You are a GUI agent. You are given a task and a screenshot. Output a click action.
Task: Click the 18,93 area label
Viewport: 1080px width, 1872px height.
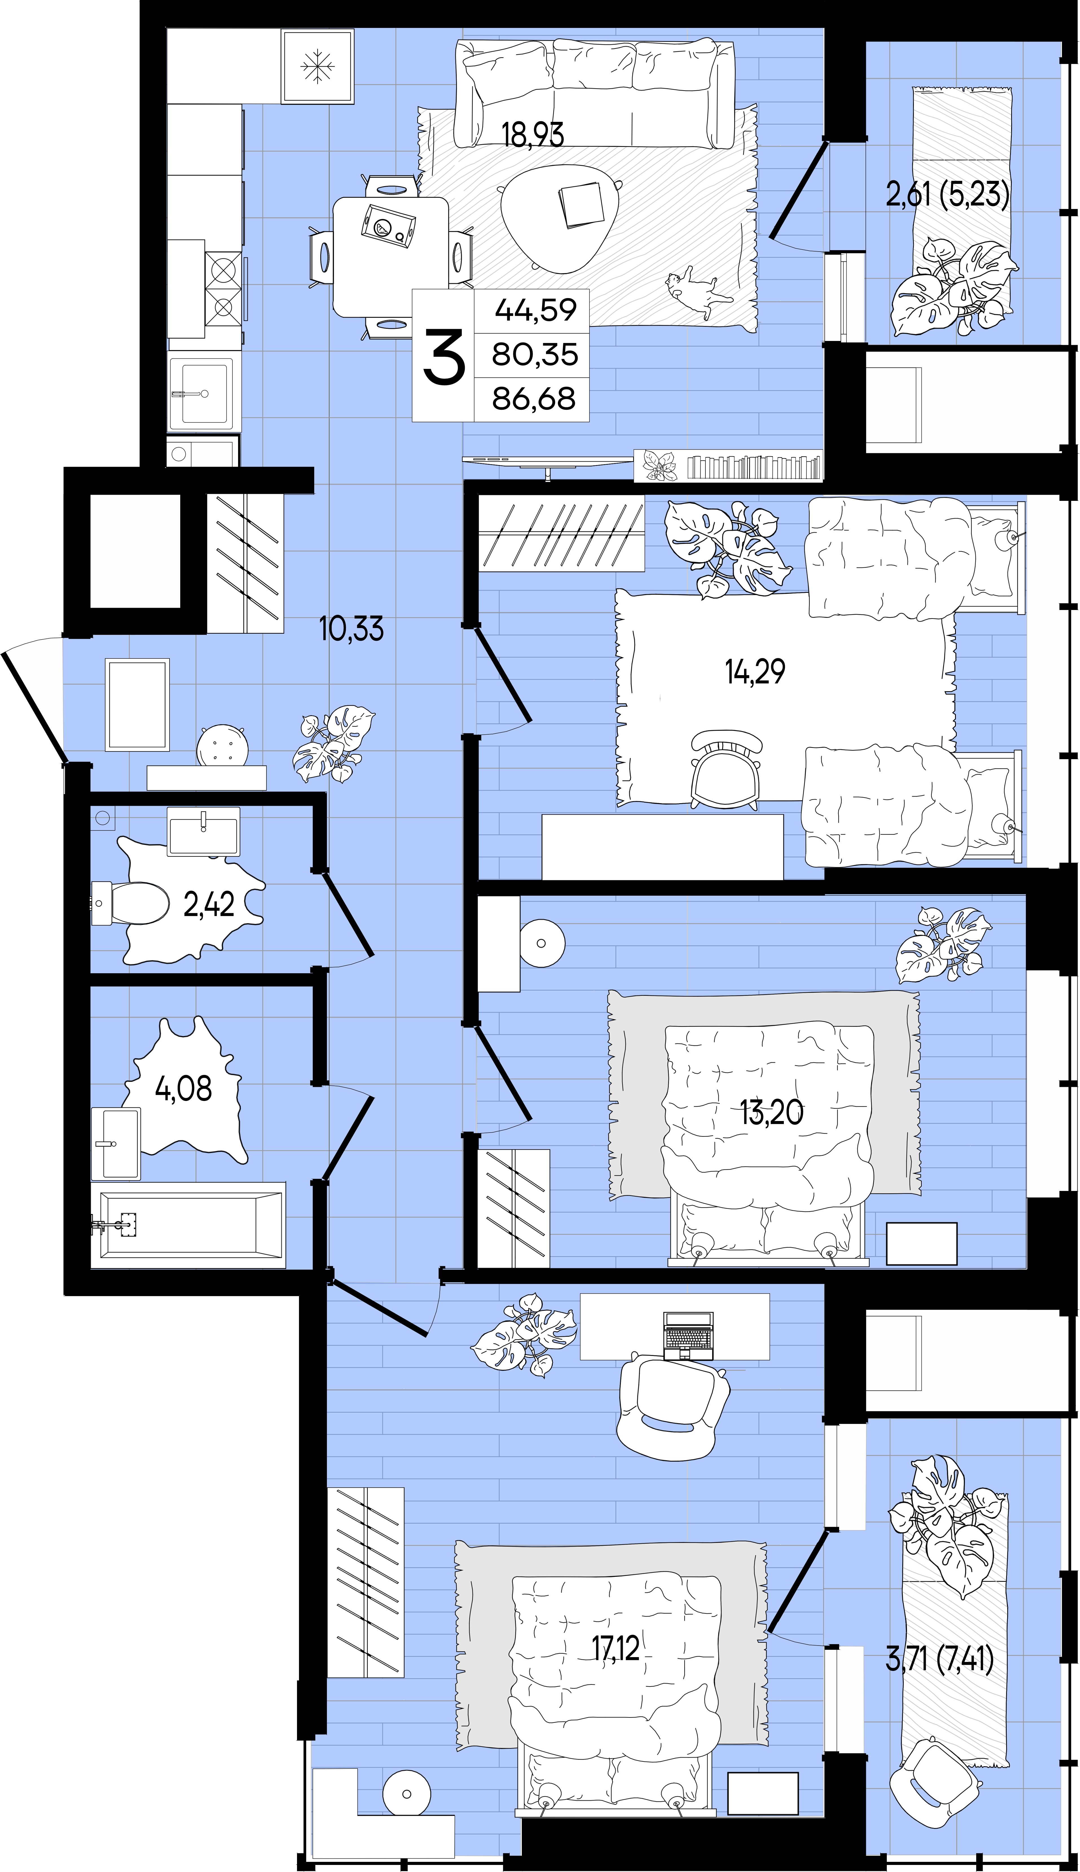coord(533,135)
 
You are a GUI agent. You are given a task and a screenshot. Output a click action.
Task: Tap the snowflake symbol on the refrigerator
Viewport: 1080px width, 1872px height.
coord(318,67)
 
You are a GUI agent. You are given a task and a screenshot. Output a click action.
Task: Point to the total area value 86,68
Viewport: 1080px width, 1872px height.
coord(534,399)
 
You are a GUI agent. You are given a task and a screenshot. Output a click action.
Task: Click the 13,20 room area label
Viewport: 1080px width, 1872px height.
coord(771,1112)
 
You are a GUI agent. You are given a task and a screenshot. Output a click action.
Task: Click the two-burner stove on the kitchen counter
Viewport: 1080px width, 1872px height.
coord(223,288)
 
